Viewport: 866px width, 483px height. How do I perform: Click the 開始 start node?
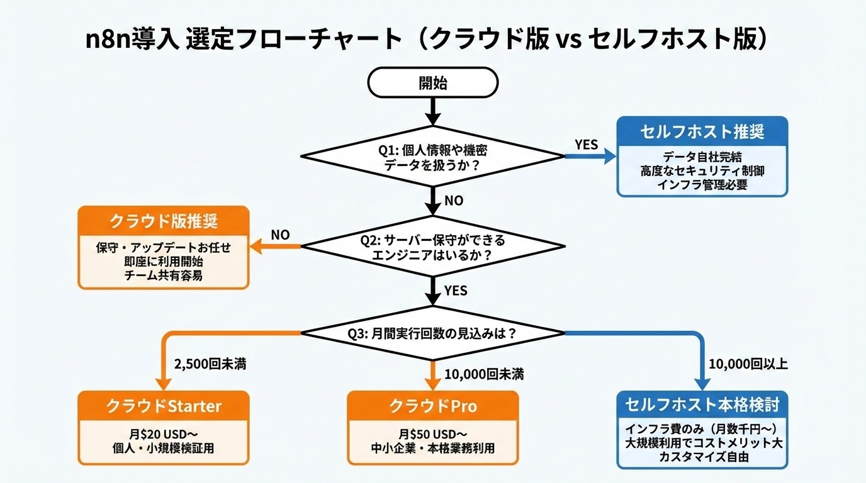pos(432,82)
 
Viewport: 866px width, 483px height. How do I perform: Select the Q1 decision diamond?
pos(432,155)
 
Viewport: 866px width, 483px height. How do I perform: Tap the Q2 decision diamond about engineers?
pos(432,248)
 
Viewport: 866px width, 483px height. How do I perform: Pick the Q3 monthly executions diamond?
pos(432,333)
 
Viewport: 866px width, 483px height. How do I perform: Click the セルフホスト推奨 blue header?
pos(702,132)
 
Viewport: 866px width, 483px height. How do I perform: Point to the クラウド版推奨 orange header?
pos(163,221)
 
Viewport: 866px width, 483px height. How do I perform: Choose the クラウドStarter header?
pos(163,406)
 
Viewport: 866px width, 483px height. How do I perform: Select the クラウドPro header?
pos(432,406)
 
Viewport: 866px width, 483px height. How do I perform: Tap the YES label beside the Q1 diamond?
pos(586,145)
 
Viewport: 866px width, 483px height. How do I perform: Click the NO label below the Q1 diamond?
pos(454,201)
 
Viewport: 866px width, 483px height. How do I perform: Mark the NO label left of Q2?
pos(280,235)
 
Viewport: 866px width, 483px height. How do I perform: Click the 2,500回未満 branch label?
pos(208,364)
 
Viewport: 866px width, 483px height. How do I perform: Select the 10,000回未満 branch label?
pos(484,375)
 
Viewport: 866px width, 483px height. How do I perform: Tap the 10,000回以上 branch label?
pos(748,364)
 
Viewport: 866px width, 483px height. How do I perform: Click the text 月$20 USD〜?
pos(163,434)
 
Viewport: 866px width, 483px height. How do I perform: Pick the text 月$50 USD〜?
pos(432,434)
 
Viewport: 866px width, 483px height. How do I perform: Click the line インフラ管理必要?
pos(702,184)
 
